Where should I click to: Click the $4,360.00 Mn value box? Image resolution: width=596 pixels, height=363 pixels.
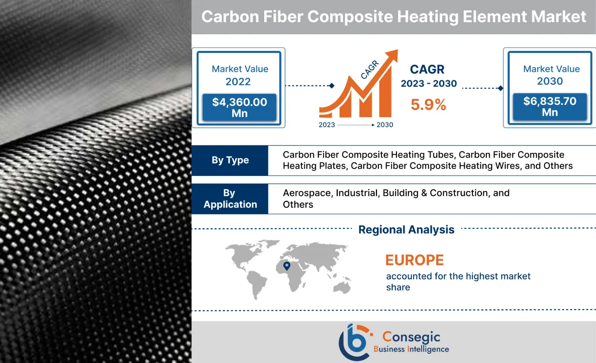click(x=240, y=108)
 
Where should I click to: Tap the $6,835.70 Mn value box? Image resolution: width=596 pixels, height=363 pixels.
click(x=549, y=107)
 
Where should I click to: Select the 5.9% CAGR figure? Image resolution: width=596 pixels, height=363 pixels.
click(x=428, y=104)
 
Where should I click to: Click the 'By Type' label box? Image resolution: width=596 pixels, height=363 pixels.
click(x=230, y=160)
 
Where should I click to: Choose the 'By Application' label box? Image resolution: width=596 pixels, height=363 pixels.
click(x=230, y=199)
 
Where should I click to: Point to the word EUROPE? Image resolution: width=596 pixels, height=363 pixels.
click(x=414, y=260)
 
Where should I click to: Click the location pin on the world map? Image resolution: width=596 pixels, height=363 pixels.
click(x=287, y=266)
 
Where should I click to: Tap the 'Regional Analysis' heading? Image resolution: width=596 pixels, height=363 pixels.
click(x=406, y=229)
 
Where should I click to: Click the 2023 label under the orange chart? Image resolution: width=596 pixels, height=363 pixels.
click(x=327, y=125)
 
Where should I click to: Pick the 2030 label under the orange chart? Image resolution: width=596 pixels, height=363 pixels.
click(x=385, y=125)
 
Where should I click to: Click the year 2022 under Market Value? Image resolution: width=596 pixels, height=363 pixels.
click(x=238, y=82)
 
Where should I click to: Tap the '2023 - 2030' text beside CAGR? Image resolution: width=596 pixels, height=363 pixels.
click(x=428, y=84)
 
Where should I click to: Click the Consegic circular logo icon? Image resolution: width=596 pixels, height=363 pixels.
click(x=354, y=342)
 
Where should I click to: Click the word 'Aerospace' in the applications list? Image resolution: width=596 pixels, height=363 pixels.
click(x=307, y=193)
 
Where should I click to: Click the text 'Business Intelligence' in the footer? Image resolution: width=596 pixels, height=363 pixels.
click(x=411, y=349)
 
